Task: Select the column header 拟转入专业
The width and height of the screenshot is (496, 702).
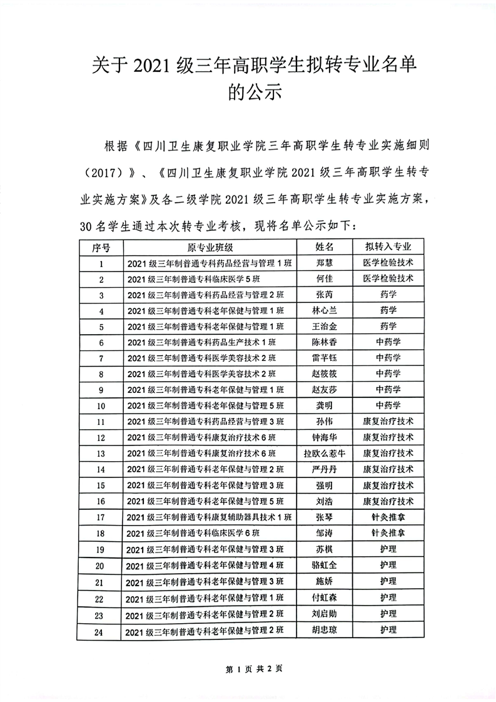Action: pyautogui.click(x=388, y=247)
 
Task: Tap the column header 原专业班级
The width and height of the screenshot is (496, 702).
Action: pyautogui.click(x=210, y=247)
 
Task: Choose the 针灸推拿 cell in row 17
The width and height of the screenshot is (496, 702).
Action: pyautogui.click(x=388, y=517)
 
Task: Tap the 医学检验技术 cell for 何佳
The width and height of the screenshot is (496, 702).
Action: pyautogui.click(x=388, y=278)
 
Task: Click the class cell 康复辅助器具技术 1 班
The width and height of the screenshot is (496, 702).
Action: pyautogui.click(x=209, y=517)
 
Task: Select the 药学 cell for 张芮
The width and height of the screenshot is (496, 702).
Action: pyautogui.click(x=388, y=294)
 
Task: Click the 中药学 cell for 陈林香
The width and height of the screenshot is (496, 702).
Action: pyautogui.click(x=388, y=342)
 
